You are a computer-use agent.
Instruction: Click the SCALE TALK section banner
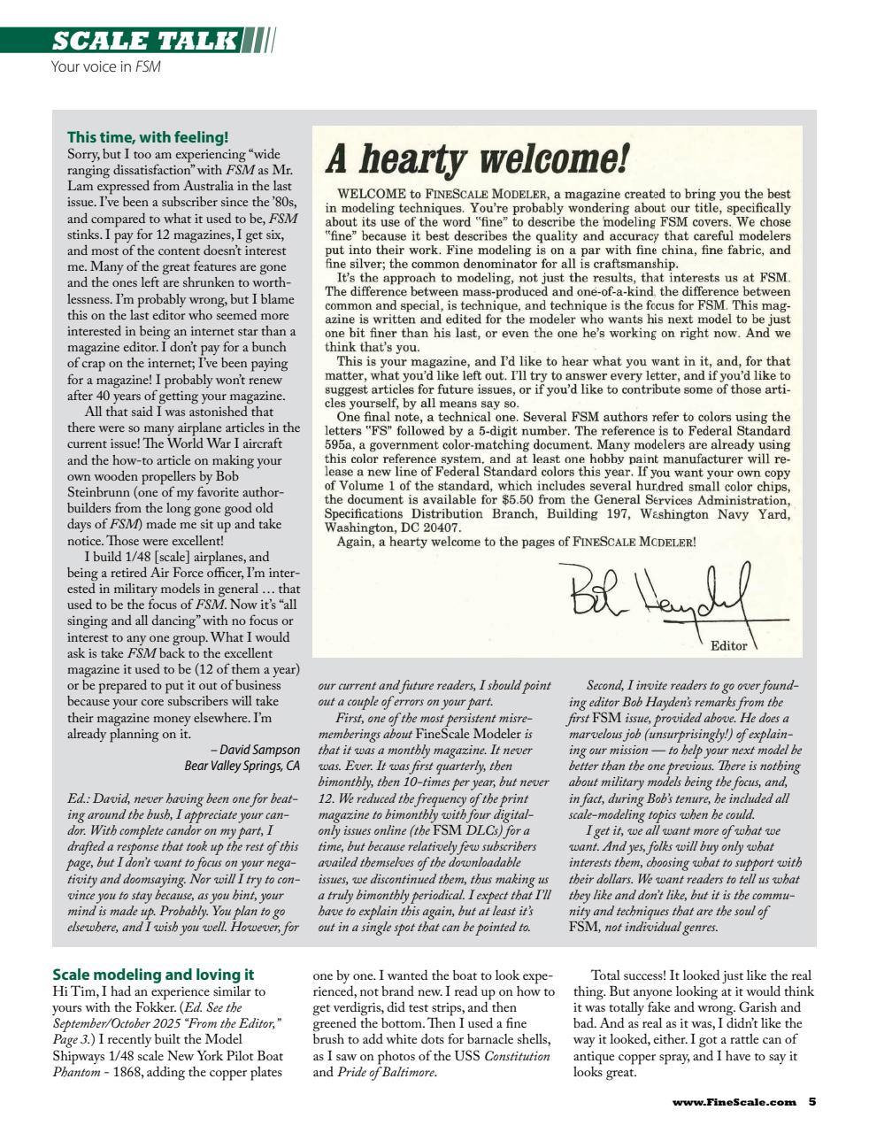(146, 41)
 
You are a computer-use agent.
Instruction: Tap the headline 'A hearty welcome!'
(477, 160)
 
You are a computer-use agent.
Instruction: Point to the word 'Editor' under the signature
(729, 645)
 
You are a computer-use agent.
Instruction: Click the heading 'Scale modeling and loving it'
(153, 975)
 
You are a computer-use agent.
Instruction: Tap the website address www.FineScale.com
(734, 1102)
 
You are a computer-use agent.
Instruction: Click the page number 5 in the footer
(811, 1102)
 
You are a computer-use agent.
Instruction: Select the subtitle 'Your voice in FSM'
(106, 66)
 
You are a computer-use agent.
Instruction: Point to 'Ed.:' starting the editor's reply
(79, 798)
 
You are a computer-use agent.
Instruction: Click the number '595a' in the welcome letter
(341, 445)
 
